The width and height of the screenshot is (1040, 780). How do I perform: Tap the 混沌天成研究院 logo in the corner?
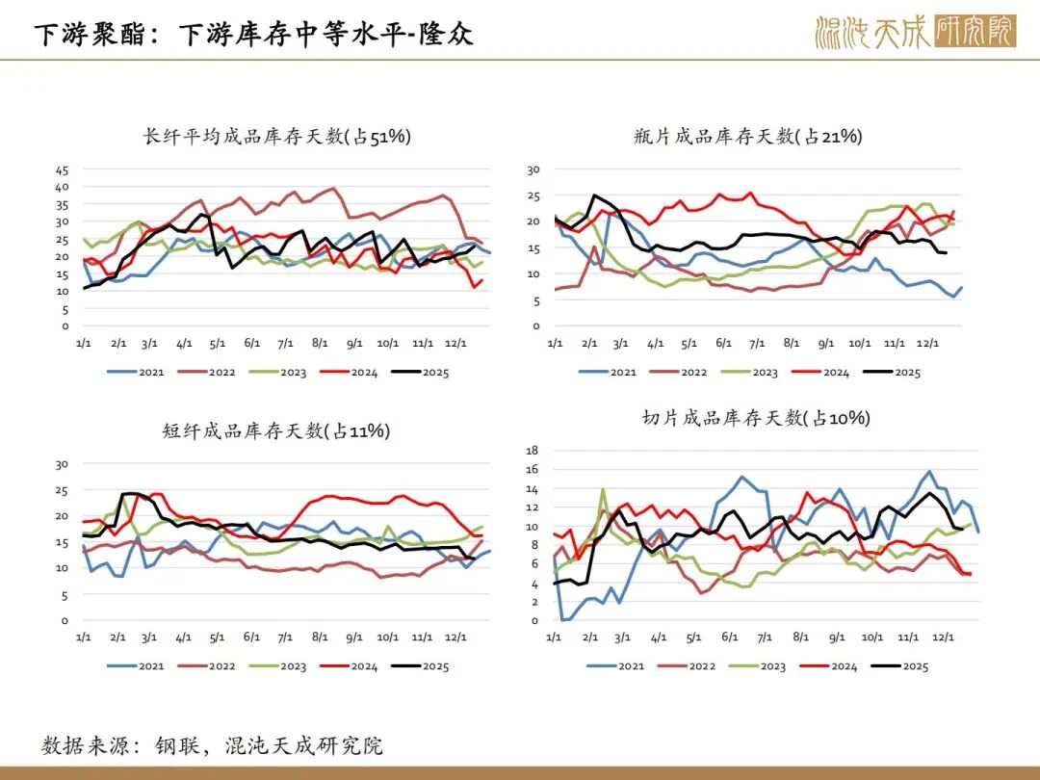pos(915,32)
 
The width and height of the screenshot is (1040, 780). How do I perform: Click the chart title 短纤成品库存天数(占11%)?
pos(276,431)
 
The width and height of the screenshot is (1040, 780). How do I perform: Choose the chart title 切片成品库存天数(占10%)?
pos(756,418)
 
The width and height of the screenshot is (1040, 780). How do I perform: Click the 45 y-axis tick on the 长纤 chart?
pos(62,169)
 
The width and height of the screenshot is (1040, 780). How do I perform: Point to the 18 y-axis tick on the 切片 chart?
pos(533,451)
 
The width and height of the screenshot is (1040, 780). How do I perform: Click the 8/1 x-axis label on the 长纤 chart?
pos(319,343)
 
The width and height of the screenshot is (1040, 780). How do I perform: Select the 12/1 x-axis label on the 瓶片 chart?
pos(929,343)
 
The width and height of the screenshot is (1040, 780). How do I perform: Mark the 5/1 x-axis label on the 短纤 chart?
pos(217,637)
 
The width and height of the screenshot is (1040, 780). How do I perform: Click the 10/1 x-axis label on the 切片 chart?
pos(872,637)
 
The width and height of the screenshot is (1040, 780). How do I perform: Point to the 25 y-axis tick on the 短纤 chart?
pos(63,490)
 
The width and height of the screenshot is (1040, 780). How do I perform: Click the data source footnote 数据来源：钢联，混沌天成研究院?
pos(213,745)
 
